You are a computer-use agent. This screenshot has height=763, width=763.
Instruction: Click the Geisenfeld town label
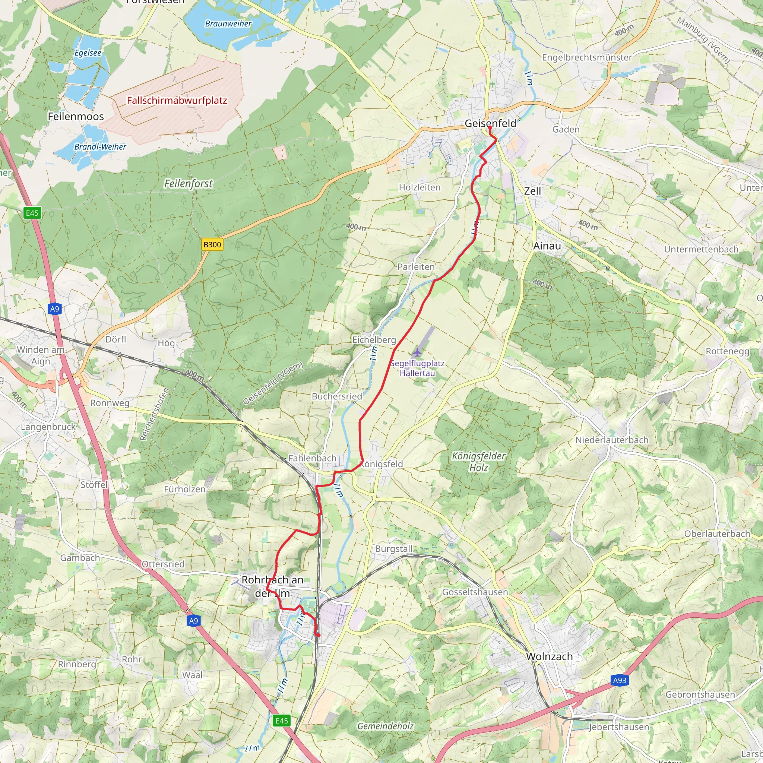pos(490,123)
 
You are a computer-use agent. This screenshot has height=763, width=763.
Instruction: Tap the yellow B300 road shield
pos(212,244)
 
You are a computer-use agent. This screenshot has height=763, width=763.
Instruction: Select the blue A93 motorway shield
pos(619,680)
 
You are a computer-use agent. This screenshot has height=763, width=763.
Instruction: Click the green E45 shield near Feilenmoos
pos(32,213)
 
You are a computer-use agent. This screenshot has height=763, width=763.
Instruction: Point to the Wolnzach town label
pos(549,656)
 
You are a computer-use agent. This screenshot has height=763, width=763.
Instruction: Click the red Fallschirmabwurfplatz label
pos(177,100)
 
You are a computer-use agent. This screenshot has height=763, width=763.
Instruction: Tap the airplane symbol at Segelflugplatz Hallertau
pos(417,352)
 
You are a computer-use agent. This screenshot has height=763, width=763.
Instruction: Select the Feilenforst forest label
pos(188,184)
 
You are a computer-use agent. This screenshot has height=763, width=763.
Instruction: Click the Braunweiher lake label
pos(228,24)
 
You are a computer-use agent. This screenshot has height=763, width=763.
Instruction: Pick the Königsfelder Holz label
pos(478,462)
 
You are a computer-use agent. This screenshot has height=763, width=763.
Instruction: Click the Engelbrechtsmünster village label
pos(586,58)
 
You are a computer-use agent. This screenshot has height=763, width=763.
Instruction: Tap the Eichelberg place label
pos(374,340)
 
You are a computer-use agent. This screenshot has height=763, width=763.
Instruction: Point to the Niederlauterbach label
pos(611,440)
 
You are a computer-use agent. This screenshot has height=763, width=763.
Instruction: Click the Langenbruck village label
pos(48,427)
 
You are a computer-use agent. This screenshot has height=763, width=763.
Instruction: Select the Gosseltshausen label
pos(475,592)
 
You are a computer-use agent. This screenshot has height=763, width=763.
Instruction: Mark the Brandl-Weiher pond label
pos(100,147)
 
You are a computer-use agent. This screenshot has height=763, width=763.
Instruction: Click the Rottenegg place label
pos(727,351)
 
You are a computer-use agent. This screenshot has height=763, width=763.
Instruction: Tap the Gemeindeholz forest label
pos(385,726)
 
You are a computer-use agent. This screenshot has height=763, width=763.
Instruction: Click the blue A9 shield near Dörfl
pos(54,309)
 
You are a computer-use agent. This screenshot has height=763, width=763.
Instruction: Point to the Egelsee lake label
pos(88,53)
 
